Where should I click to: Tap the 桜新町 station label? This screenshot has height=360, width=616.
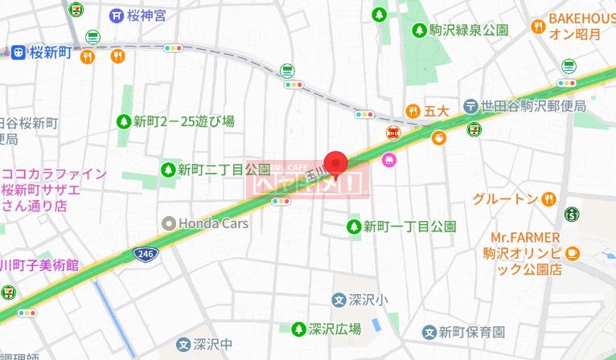coord(50,53)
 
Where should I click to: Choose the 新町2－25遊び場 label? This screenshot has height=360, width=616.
coord(183,122)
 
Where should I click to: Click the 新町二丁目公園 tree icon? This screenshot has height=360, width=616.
coord(167,170)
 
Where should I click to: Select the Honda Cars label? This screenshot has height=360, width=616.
coord(212,223)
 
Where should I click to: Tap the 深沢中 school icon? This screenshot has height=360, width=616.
coord(183,346)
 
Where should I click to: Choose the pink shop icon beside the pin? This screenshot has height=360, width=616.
coord(389,159)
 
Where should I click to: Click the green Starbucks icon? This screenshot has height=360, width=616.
coord(572,214)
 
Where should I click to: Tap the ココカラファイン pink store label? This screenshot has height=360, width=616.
coord(55,188)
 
